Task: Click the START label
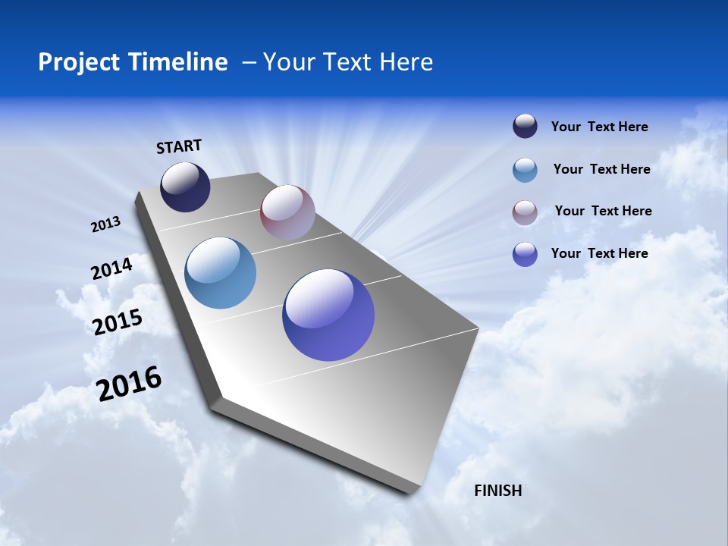[x=179, y=146]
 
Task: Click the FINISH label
[x=497, y=491]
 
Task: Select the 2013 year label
[x=106, y=224]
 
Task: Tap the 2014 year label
[x=111, y=268]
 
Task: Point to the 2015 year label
[x=118, y=322]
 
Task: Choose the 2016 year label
[x=129, y=383]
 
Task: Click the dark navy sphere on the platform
[x=185, y=187]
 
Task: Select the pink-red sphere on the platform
[x=287, y=212]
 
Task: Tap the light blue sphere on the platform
[x=220, y=273]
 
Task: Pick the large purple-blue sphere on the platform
[x=328, y=315]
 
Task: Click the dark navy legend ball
[x=525, y=127]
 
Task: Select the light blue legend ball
[x=525, y=170]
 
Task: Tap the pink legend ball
[x=525, y=212]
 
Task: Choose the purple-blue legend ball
[x=525, y=254]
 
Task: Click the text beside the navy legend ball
[x=599, y=127]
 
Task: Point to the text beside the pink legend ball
[x=603, y=211]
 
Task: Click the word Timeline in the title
[x=180, y=62]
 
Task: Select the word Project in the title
[x=80, y=62]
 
